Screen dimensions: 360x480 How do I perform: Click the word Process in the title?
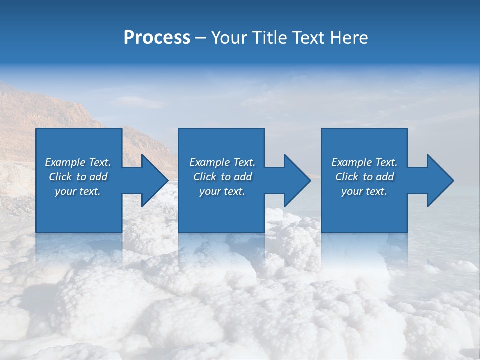(157, 38)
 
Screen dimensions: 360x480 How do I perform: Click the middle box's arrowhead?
(296, 180)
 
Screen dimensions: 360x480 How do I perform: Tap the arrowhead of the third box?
(439, 180)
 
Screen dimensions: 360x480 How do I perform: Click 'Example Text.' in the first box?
(78, 162)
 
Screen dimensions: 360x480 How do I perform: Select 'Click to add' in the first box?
(78, 177)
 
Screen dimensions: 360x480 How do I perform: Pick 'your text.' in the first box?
(78, 191)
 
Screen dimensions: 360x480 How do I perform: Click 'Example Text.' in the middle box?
(222, 162)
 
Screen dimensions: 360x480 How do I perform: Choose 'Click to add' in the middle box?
(222, 177)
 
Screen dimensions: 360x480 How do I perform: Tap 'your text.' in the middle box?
(222, 191)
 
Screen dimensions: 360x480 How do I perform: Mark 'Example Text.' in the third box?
(364, 162)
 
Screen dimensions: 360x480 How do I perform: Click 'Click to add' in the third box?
(364, 177)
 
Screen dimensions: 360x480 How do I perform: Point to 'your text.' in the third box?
(364, 191)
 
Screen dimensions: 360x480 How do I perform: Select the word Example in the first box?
(65, 162)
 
